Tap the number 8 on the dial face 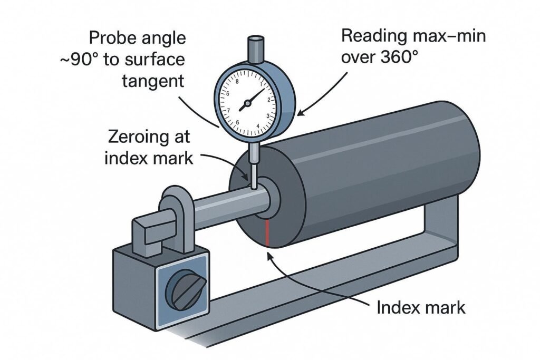click(238, 82)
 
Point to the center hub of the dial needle click(244, 108)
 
